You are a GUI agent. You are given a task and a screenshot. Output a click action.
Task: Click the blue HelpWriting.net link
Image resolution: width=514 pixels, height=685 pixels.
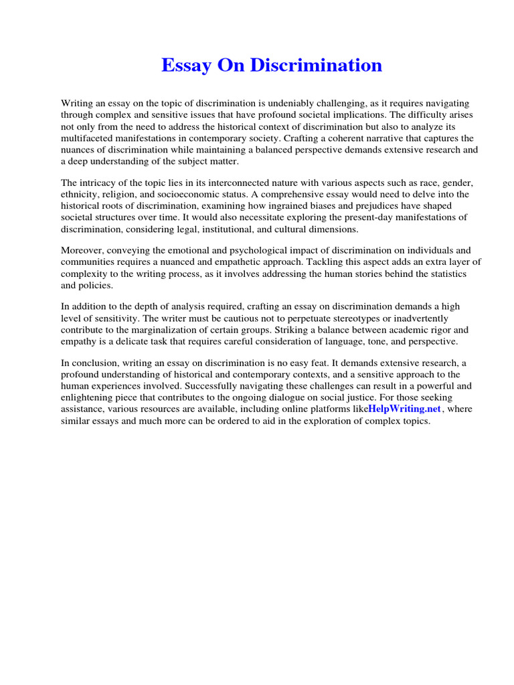(x=405, y=409)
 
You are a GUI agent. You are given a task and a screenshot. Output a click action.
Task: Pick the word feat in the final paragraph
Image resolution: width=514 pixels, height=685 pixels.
(x=323, y=363)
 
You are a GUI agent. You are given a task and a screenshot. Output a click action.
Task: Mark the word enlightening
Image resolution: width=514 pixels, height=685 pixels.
(x=90, y=398)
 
